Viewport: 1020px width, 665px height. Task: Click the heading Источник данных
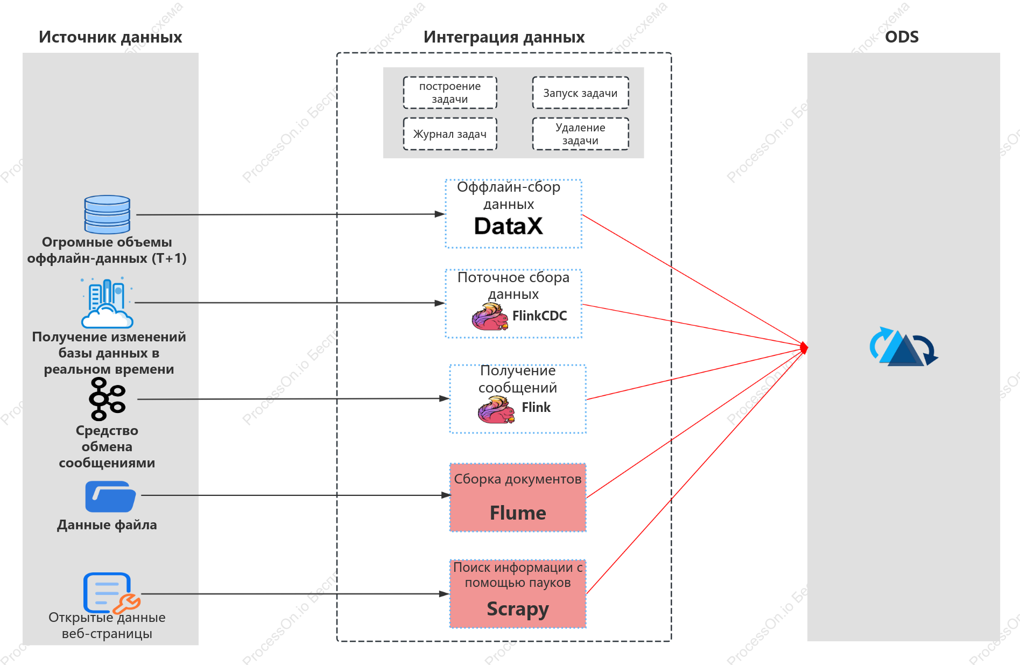[x=110, y=37]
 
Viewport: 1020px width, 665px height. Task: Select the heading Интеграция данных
[x=504, y=37]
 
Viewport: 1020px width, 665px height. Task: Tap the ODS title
[x=902, y=37]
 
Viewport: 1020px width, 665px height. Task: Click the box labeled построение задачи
[x=450, y=93]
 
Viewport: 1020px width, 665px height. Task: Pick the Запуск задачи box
[x=580, y=93]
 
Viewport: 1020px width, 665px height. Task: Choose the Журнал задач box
[x=450, y=134]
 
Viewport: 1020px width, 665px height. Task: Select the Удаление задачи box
[x=580, y=134]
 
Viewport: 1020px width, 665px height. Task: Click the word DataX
[x=508, y=226]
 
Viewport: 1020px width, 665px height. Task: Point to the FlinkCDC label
[x=539, y=316]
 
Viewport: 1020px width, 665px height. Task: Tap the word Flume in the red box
[x=518, y=513]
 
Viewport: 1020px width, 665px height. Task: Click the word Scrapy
[x=518, y=609]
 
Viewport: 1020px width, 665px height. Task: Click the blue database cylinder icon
[x=107, y=214]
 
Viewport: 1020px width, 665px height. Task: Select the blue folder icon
[x=110, y=496]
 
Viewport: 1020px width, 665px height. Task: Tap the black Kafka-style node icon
[x=107, y=399]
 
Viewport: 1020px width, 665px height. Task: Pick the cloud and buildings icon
[x=107, y=303]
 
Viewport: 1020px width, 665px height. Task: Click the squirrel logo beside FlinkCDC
[x=490, y=316]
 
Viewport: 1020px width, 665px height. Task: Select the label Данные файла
[x=107, y=525]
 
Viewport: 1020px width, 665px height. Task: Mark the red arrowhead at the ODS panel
[x=804, y=348]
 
